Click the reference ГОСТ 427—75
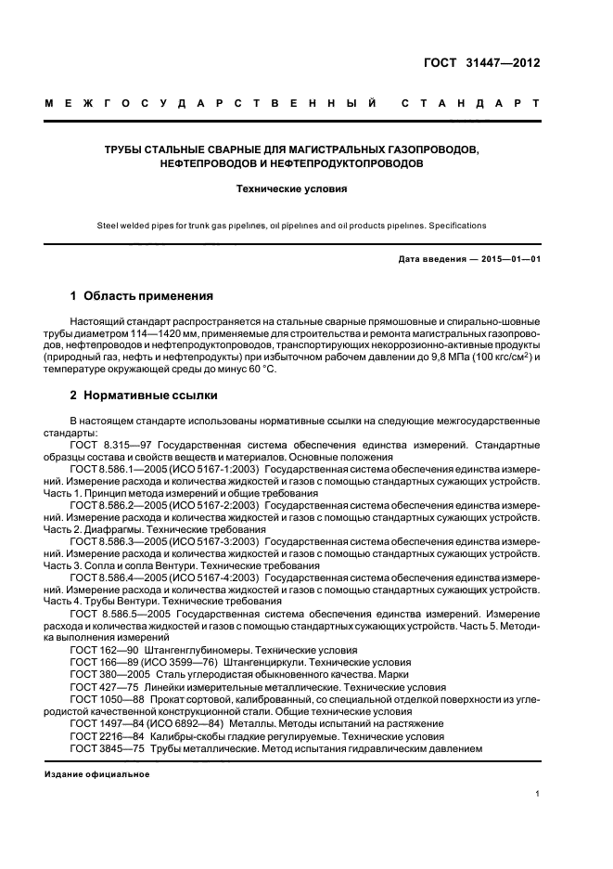[101, 687]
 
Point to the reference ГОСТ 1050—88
[105, 699]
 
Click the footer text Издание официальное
[96, 773]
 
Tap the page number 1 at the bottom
[538, 794]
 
